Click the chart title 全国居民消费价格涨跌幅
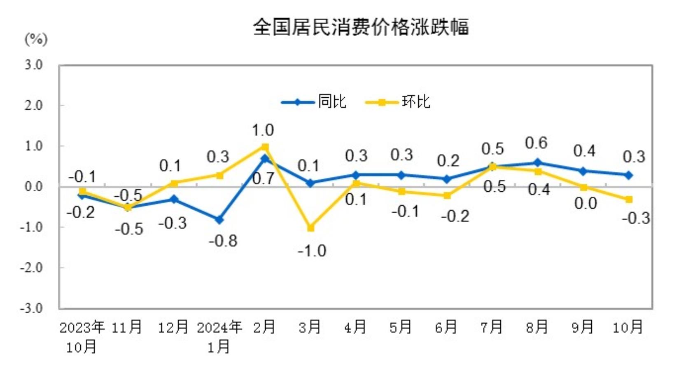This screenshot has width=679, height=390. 360,27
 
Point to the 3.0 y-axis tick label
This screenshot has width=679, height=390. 33,65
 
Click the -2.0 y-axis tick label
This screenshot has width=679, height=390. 32,268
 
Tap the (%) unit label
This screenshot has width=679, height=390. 36,39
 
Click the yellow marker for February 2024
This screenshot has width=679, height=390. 265,147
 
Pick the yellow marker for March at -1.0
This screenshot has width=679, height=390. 311,228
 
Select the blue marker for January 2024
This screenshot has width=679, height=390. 219,220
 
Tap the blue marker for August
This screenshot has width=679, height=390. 537,163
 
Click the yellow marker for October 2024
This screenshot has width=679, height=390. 629,200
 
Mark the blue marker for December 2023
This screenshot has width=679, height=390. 174,200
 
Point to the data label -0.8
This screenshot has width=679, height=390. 223,241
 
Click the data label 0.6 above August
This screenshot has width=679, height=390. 536,143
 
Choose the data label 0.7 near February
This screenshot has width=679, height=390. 263,179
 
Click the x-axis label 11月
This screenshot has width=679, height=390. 127,327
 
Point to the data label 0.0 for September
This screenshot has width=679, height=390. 586,203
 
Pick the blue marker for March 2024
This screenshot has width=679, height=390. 311,183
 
